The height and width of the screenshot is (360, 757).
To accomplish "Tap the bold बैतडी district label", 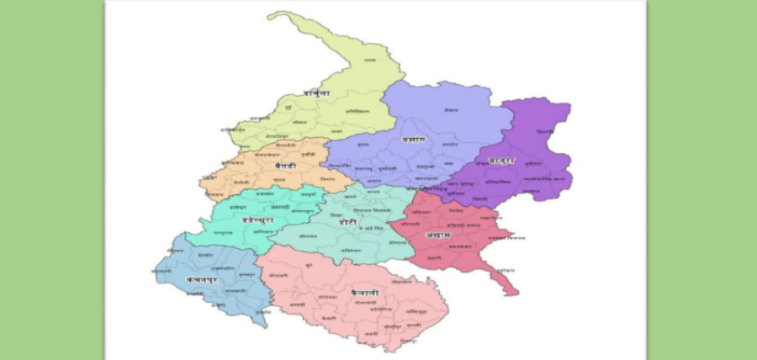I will pyautogui.click(x=286, y=167).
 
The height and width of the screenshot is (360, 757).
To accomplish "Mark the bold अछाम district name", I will pyautogui.click(x=439, y=235).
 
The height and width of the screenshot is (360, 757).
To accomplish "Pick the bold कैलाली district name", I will pyautogui.click(x=365, y=292).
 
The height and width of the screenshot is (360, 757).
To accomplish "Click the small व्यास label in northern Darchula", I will pyautogui.click(x=369, y=61).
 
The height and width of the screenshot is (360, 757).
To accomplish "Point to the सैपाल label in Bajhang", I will pyautogui.click(x=452, y=111).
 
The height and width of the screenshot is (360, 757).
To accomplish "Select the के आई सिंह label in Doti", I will pyautogui.click(x=366, y=229).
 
